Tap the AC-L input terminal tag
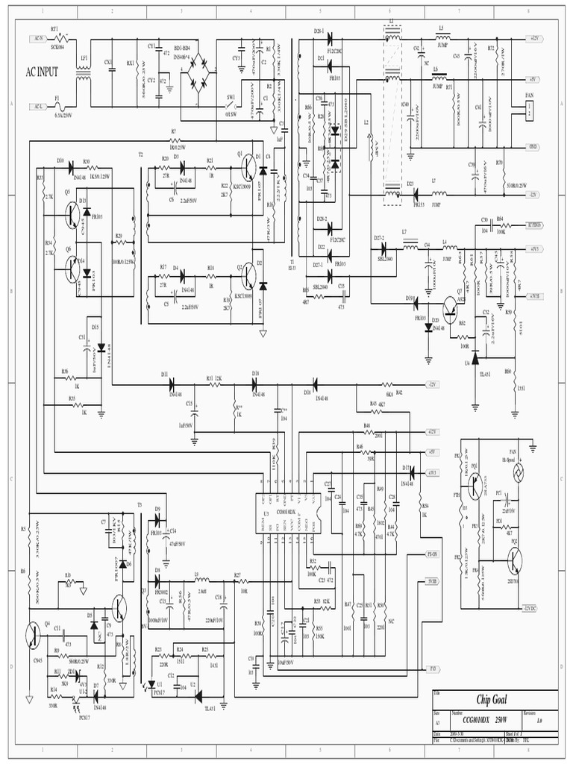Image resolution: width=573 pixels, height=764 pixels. point(37,106)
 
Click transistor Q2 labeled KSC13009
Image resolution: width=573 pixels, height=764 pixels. point(248,277)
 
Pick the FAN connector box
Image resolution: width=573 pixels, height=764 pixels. point(530,110)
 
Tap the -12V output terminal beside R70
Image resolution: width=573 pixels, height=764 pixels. point(533,194)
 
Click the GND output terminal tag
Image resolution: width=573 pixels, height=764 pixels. point(533,146)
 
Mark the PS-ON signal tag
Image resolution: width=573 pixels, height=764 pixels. point(432,554)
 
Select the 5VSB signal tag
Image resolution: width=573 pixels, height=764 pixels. point(432,579)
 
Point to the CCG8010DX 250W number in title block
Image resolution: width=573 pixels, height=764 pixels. point(484,718)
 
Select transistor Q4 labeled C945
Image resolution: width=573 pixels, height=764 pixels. point(33,634)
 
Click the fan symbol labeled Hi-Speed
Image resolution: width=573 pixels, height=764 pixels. point(513,473)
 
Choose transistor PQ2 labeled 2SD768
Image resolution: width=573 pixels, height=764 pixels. point(514,561)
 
